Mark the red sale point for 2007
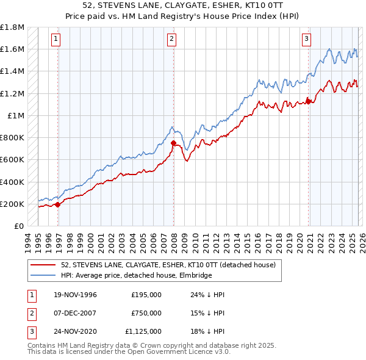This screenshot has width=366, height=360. [x=174, y=143]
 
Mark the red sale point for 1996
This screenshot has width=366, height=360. [x=58, y=204]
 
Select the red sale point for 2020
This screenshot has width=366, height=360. [x=309, y=102]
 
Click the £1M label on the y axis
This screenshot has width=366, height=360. [x=15, y=115]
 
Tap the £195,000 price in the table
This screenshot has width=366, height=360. [x=146, y=294]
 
